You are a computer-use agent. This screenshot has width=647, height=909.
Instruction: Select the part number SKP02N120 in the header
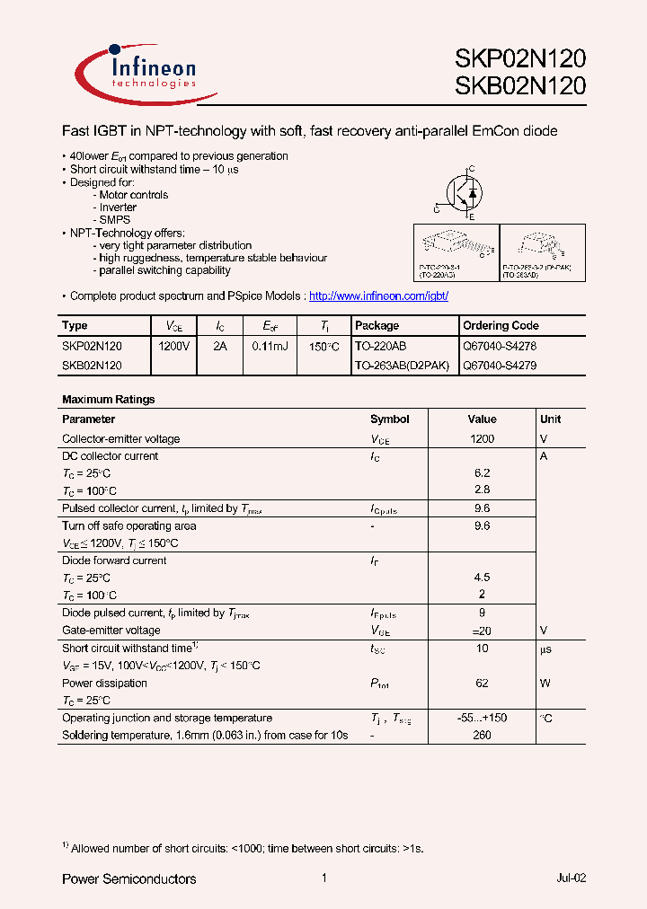[x=520, y=59]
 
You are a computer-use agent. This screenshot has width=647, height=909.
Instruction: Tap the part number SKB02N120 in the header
[x=520, y=86]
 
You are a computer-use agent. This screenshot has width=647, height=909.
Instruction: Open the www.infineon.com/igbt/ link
[x=377, y=296]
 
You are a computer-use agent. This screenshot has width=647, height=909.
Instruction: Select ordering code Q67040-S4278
[x=499, y=345]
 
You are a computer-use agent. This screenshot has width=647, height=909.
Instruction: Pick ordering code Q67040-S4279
[x=499, y=366]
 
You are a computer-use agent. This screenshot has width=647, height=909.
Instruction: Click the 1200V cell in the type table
[x=174, y=345]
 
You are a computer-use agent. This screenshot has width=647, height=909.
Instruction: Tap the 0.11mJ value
[x=270, y=345]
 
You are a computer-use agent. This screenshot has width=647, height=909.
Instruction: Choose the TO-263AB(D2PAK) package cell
[x=402, y=366]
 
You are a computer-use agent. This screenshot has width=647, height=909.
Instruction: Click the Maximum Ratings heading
[x=108, y=399]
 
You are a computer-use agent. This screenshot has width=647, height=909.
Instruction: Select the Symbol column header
[x=389, y=419]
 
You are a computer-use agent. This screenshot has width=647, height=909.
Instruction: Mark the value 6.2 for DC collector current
[x=482, y=472]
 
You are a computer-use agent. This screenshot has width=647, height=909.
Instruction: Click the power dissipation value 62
[x=482, y=683]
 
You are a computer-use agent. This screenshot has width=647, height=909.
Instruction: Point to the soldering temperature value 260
[x=482, y=735]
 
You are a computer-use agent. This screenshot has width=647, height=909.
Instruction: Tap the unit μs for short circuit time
[x=545, y=648]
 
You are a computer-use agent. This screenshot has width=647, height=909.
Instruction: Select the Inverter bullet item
[x=118, y=207]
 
